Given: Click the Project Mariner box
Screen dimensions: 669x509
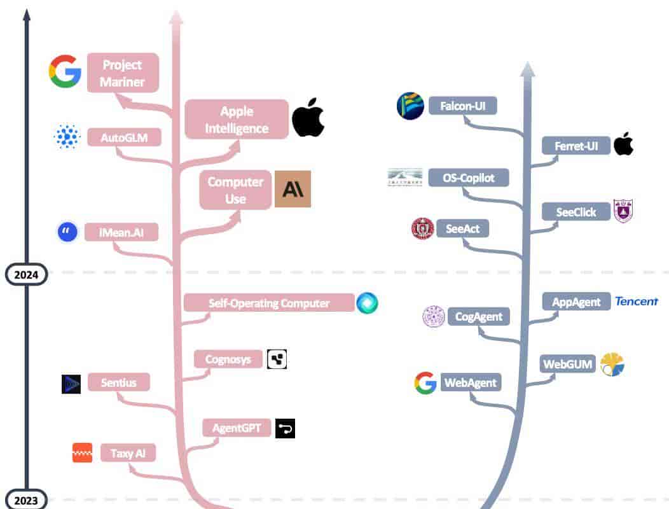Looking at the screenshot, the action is (123, 73).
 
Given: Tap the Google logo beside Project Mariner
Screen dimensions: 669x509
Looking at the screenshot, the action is (66, 71).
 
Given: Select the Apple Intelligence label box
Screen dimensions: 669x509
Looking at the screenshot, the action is (237, 119).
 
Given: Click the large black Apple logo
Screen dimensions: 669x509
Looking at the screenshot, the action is (308, 118).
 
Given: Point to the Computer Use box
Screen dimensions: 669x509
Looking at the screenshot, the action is (235, 190).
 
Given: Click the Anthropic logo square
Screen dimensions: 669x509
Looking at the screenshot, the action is (293, 189).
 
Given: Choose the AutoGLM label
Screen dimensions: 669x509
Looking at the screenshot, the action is (124, 137).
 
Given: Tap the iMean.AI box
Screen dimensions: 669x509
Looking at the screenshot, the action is (121, 232).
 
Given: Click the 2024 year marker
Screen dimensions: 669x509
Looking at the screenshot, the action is (26, 275).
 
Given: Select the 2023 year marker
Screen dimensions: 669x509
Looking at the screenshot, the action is (26, 499).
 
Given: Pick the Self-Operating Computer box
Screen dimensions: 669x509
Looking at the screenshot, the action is (269, 303).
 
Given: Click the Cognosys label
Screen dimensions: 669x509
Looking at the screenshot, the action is (228, 359).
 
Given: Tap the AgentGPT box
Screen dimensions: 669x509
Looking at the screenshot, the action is (237, 428).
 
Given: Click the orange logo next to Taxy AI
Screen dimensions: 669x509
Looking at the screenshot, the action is (82, 453).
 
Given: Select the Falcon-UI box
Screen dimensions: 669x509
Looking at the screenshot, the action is (463, 106).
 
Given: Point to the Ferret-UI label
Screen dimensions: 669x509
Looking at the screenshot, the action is (576, 146).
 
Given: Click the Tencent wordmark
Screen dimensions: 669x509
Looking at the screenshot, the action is (636, 302).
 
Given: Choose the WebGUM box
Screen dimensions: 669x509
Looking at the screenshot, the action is (567, 364).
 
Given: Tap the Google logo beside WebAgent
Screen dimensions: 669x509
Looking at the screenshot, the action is (425, 382).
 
